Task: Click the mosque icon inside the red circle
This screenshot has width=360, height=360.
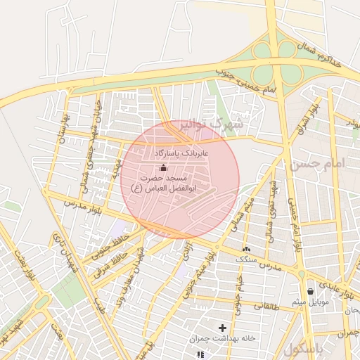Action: (164, 167)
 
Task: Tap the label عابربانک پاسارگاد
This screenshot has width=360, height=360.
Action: (181, 153)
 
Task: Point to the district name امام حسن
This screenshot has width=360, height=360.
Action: (316, 164)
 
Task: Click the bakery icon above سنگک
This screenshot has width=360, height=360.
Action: (246, 249)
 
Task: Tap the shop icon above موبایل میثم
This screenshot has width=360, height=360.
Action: (310, 291)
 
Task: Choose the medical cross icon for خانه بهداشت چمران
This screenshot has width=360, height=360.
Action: (223, 328)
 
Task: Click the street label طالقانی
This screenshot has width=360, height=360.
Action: (266, 306)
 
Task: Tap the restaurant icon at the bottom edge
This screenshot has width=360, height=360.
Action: (200, 354)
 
